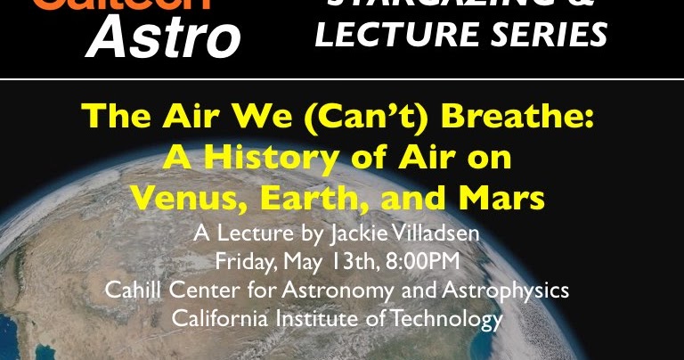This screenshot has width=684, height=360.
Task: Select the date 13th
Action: click(350, 263)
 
